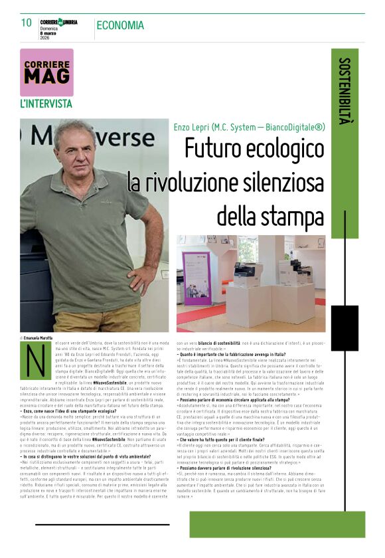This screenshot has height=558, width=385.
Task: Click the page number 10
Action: tap(27, 23)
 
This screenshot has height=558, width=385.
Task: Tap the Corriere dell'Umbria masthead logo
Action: tap(58, 22)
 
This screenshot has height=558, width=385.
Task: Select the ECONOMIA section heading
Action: tap(119, 25)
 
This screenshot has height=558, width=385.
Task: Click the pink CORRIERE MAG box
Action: tap(46, 72)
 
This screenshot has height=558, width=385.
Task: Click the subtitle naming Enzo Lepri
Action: tap(250, 126)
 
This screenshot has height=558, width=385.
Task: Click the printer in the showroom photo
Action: tap(247, 272)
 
